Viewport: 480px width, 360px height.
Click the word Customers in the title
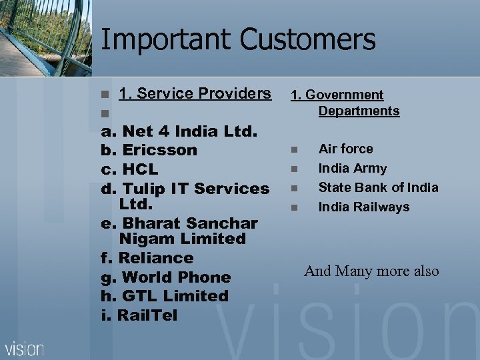[307, 39]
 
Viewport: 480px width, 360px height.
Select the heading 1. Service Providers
[195, 94]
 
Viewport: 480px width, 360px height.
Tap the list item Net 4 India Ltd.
[179, 131]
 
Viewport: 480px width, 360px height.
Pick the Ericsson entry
[149, 150]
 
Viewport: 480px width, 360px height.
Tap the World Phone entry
[166, 277]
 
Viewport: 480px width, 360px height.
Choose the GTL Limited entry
[165, 296]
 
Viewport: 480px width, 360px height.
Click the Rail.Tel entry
[139, 315]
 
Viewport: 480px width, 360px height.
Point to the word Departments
[359, 111]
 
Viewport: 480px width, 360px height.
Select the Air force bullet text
[345, 149]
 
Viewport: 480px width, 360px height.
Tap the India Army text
[352, 169]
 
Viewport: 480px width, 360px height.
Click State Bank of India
[378, 187]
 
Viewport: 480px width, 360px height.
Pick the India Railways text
[363, 207]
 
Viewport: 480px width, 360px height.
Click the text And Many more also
[371, 271]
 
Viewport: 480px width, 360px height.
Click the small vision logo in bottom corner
[25, 348]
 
